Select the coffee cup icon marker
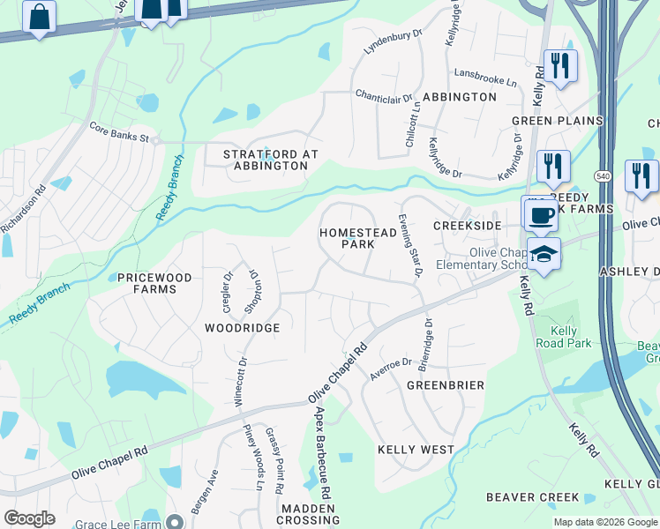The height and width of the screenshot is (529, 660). pos(541,214)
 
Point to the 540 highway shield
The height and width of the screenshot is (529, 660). pos(603,176)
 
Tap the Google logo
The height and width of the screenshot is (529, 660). pos(30,518)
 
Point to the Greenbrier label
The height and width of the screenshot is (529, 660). pos(446,385)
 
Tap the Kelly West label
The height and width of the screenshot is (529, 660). pos(416,450)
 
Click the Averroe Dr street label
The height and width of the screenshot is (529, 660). pos(392,369)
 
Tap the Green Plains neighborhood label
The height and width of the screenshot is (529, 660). pos(557,121)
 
